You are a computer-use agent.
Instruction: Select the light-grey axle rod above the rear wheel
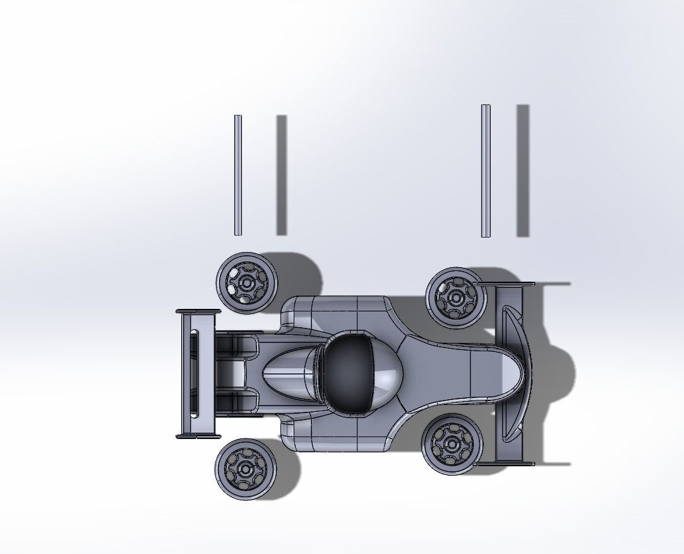(x=237, y=175)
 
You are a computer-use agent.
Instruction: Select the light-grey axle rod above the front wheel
(x=485, y=171)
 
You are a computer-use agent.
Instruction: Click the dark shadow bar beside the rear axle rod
(x=281, y=175)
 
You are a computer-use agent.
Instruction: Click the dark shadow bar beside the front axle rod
(x=522, y=171)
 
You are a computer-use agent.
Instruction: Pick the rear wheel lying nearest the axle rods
(x=247, y=282)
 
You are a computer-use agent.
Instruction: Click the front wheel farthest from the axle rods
(x=452, y=443)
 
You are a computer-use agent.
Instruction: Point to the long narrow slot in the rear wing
(x=194, y=373)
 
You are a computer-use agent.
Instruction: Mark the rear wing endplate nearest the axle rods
(x=198, y=311)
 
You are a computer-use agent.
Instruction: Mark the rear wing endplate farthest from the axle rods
(x=197, y=435)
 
